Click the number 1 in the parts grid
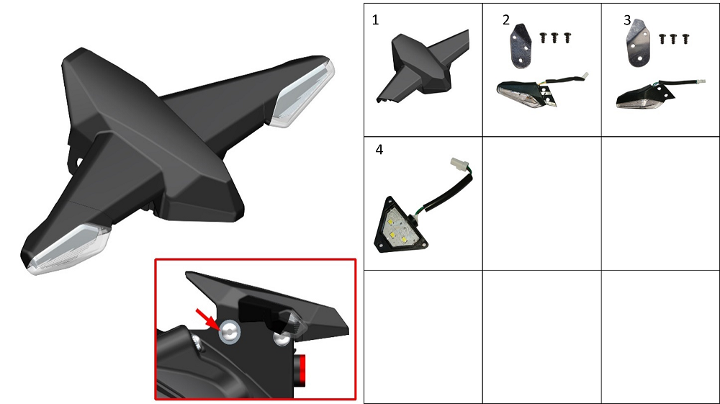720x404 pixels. pyautogui.click(x=375, y=20)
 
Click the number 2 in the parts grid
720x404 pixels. pyautogui.click(x=506, y=20)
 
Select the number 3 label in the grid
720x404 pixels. pyautogui.click(x=627, y=20)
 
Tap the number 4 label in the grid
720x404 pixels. pyautogui.click(x=379, y=150)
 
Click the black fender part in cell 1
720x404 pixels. pyautogui.click(x=423, y=64)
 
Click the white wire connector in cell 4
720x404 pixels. pyautogui.click(x=459, y=163)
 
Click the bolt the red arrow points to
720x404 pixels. pyautogui.click(x=230, y=331)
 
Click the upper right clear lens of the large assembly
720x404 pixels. pyautogui.click(x=303, y=94)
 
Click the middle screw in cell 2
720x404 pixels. pyautogui.click(x=554, y=37)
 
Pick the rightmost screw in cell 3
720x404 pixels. pyautogui.click(x=685, y=39)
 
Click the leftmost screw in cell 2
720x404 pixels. pyautogui.click(x=543, y=37)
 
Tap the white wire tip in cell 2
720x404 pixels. pyautogui.click(x=585, y=76)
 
